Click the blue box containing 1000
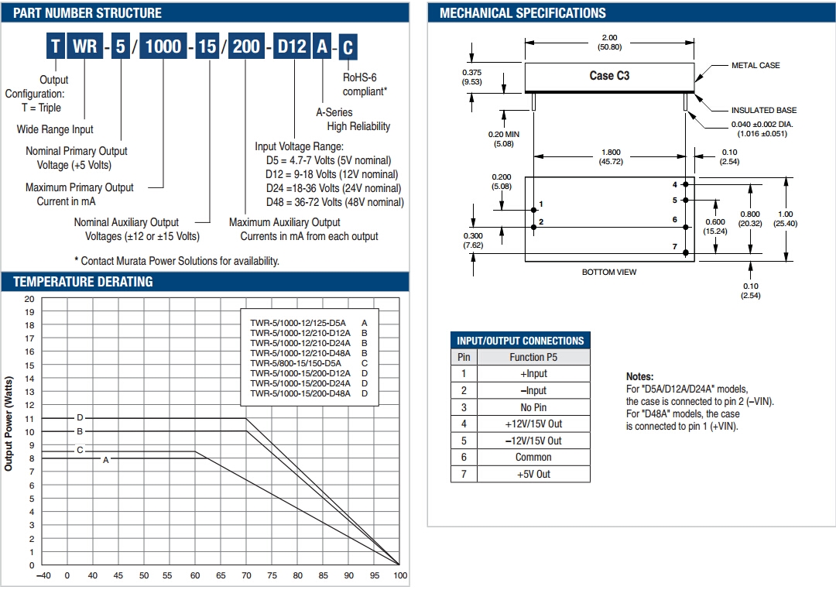click(163, 46)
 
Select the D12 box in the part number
click(292, 46)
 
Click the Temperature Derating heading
click(83, 282)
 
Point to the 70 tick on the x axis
click(246, 576)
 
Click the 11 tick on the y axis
click(29, 419)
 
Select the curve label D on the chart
click(80, 418)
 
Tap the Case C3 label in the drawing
click(610, 76)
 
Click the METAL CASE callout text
click(755, 66)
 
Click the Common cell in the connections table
click(533, 458)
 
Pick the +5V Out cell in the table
click(533, 475)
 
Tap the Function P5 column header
click(533, 357)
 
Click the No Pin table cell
click(533, 407)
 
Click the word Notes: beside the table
click(639, 376)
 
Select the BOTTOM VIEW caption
click(609, 273)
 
